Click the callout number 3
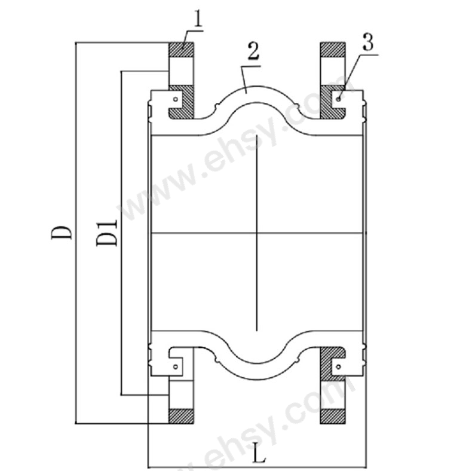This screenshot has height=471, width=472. (368, 42)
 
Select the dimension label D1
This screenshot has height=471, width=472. (106, 233)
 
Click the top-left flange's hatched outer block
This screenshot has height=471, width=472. (181, 50)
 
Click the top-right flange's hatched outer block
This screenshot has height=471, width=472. (332, 50)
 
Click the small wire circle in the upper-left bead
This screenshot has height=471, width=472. (176, 99)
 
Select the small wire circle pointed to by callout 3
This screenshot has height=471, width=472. (339, 99)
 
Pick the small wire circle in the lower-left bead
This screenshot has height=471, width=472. (176, 366)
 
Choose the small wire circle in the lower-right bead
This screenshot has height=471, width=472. (339, 366)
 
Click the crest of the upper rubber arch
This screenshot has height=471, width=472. (257, 85)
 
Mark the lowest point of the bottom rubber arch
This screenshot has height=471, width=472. (257, 380)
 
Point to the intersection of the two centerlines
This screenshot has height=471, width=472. (257, 233)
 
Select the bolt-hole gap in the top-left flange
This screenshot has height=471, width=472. (181, 71)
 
